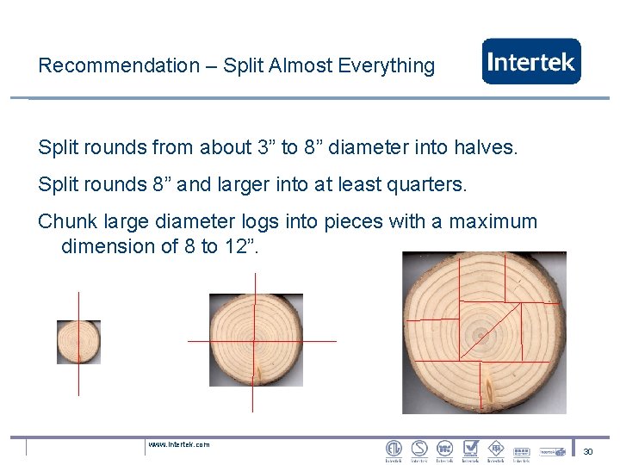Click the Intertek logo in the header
click(x=531, y=62)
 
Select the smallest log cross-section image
click(x=78, y=342)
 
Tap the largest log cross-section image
click(x=484, y=332)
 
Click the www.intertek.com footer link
click(x=178, y=444)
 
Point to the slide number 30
click(x=588, y=451)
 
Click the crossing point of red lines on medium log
click(x=254, y=341)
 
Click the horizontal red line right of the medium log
click(x=319, y=341)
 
